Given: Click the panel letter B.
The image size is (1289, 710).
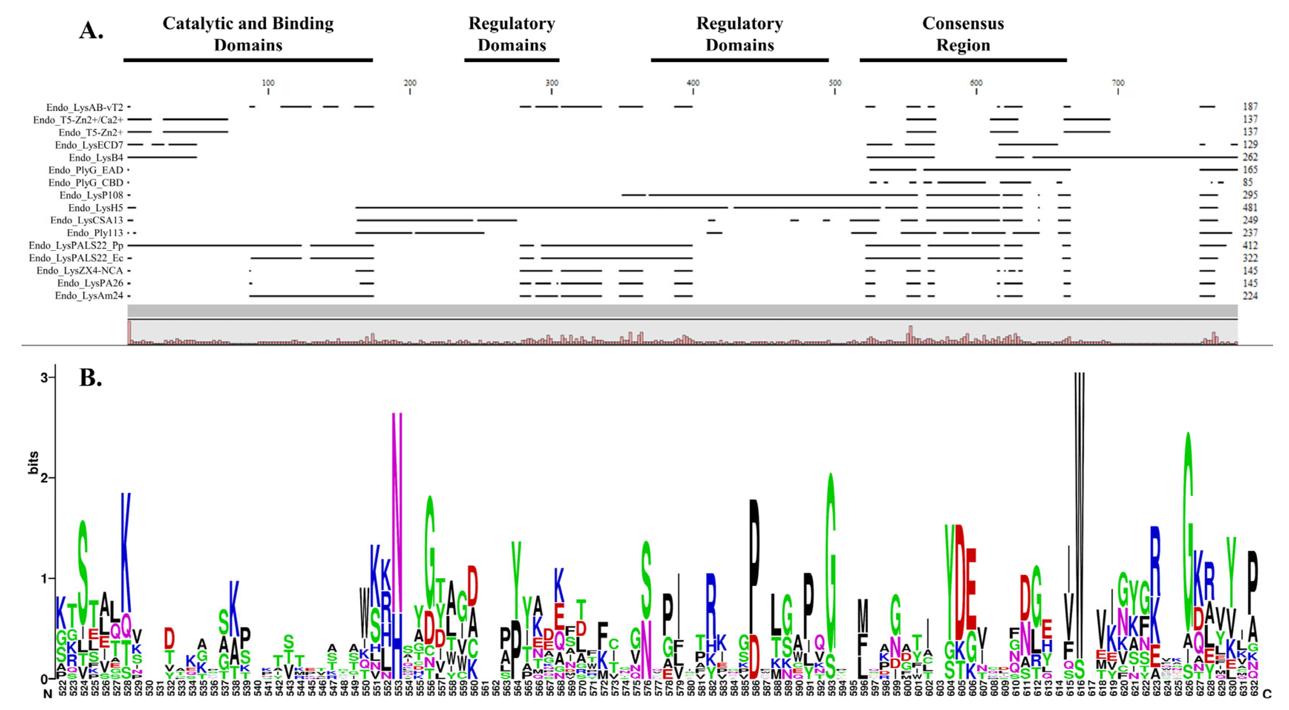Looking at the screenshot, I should point(91,378).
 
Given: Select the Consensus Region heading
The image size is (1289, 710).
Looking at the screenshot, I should point(963,34).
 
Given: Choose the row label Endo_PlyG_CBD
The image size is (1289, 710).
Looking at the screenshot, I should point(86,183).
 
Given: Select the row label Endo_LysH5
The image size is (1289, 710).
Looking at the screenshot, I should point(96,207).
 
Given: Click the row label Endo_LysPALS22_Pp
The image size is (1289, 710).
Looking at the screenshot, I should point(76,245).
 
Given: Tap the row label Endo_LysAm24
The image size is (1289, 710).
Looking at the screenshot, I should point(89,296).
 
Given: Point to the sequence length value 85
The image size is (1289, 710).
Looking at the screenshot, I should point(1248,183).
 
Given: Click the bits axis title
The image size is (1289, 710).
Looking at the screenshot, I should point(33,463).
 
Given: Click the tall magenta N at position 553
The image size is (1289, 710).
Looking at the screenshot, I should point(397,516).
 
